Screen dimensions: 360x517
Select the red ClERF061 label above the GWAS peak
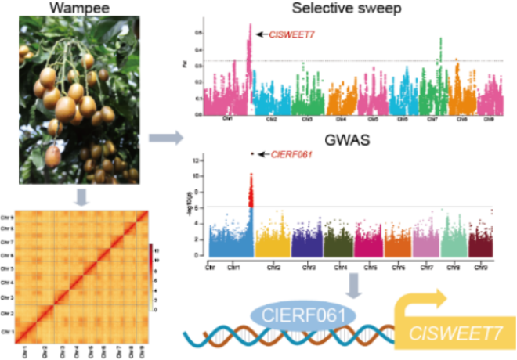coord(291,154)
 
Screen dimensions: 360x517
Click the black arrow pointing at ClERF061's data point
coord(262,154)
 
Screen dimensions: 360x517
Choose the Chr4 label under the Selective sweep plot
coord(341,119)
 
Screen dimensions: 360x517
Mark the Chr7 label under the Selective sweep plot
coord(432,119)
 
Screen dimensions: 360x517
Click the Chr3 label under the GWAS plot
coord(309,268)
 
